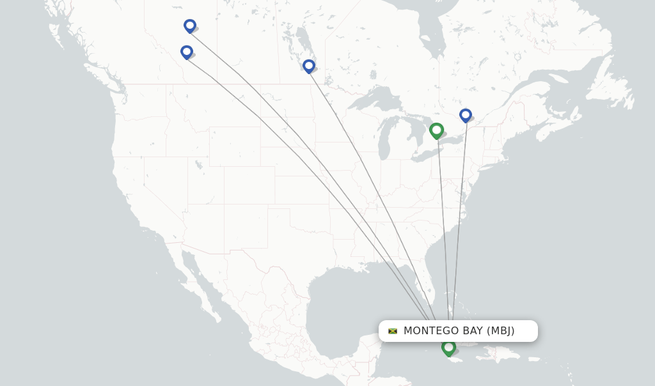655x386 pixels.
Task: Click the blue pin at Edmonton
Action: [189, 26]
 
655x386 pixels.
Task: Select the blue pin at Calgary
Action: [186, 52]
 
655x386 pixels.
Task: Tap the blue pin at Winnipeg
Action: [308, 66]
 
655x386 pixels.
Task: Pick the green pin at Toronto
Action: [436, 130]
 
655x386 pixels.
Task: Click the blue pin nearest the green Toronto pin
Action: [465, 115]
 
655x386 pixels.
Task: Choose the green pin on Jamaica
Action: [448, 348]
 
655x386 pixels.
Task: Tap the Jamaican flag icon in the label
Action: [393, 331]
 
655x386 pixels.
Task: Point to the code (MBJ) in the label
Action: [500, 331]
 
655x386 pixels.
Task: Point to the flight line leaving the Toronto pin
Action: [443, 224]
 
